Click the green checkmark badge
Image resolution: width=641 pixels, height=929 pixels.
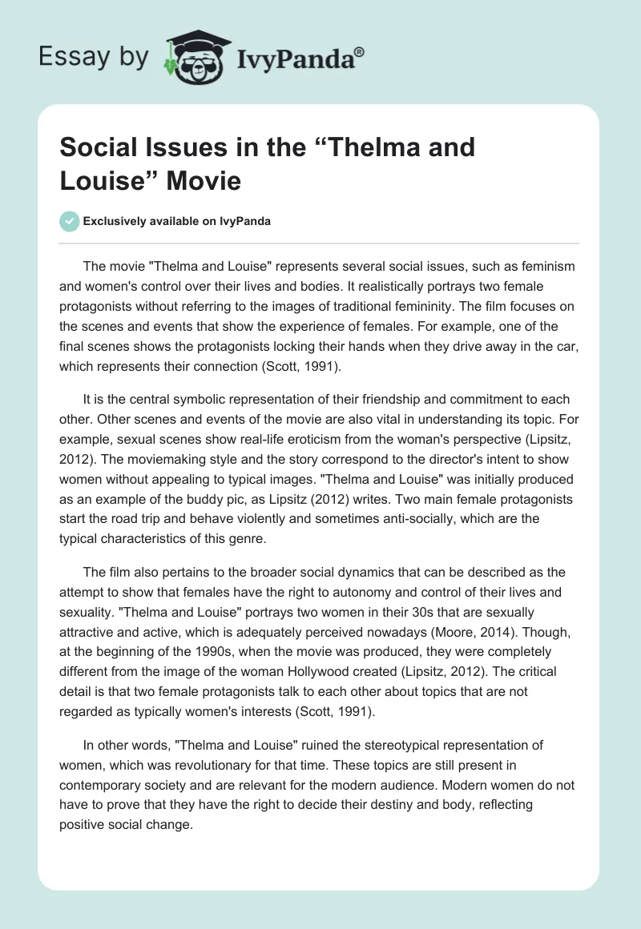tap(71, 221)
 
